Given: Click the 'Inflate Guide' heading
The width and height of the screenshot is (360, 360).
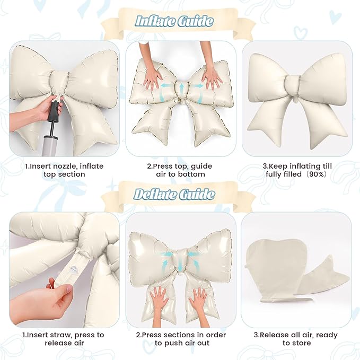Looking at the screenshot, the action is (x=174, y=21).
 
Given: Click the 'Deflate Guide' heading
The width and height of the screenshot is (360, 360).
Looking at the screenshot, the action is (x=174, y=194).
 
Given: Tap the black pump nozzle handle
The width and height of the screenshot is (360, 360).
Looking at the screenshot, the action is (x=55, y=112).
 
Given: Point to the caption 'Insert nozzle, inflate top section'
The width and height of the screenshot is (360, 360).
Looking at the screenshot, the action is (x=64, y=170).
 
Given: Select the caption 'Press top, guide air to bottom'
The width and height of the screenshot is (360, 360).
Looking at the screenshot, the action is (x=180, y=170).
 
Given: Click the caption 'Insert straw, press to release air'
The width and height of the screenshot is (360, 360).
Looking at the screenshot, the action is (x=64, y=339).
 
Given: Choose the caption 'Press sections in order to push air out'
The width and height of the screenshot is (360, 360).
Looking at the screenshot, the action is (x=181, y=339).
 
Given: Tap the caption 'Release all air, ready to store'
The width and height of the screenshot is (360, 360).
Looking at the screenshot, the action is (x=296, y=339).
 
